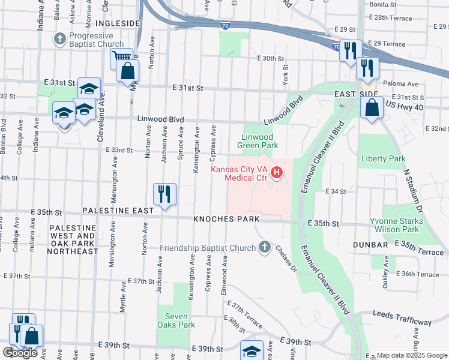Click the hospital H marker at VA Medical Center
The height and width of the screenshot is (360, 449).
(x=277, y=174)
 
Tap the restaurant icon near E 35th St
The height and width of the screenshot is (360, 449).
(x=164, y=194)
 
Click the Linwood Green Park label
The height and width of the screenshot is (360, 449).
(x=258, y=141)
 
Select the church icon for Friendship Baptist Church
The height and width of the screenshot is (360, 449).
(x=264, y=247)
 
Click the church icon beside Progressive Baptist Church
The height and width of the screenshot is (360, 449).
(x=59, y=40)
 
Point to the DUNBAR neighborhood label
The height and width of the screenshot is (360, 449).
(x=372, y=245)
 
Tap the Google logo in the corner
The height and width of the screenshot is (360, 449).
(x=20, y=353)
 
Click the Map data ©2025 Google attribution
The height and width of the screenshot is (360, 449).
(x=412, y=355)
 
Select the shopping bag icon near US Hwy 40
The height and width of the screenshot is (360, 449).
(x=372, y=109)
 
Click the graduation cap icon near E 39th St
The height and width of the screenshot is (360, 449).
(x=252, y=350)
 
